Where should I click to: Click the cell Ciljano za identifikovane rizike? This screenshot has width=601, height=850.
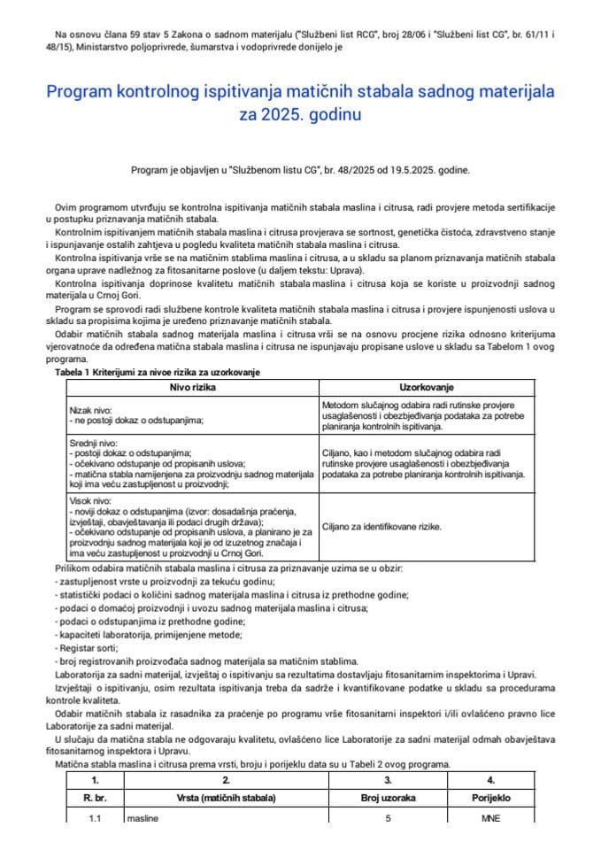(x=382, y=526)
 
